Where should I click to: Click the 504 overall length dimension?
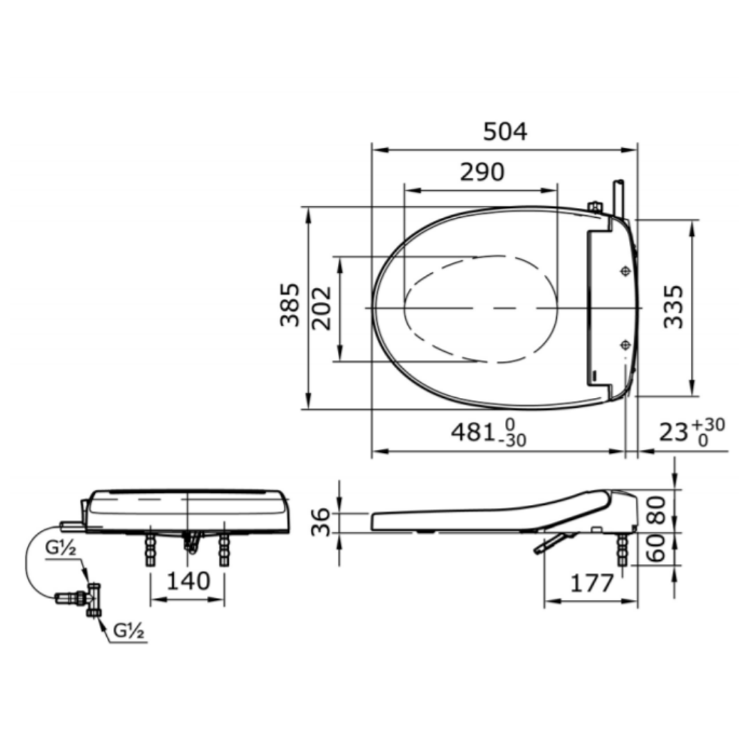[505, 131]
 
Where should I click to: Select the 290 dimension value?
[483, 172]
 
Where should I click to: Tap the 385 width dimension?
[290, 305]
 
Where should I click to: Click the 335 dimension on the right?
[673, 306]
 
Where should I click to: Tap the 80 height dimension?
[657, 510]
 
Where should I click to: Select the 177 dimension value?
[592, 583]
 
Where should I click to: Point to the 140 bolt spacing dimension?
[188, 581]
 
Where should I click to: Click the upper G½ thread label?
[61, 548]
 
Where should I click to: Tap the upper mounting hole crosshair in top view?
[626, 271]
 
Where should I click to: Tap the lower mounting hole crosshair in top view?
[626, 344]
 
